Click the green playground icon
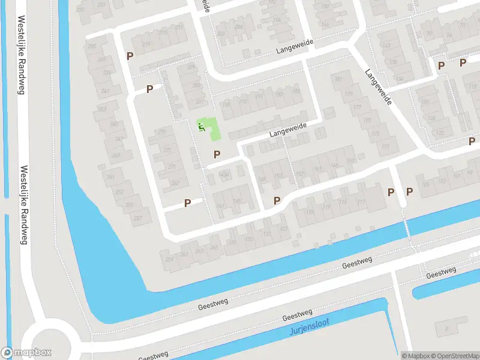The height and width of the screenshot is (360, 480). [x=202, y=126]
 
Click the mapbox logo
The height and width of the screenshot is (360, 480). [x=26, y=353]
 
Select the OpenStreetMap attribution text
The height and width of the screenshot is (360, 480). [x=454, y=356]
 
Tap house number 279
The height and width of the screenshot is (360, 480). [x=161, y=131]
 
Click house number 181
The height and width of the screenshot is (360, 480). [x=339, y=80]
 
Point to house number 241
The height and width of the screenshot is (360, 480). [x=106, y=91]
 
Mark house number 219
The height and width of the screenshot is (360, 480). [x=146, y=44]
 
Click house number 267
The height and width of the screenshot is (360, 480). [x=175, y=184]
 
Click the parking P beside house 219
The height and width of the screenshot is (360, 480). [x=130, y=56]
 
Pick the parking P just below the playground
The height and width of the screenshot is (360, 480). [x=217, y=154]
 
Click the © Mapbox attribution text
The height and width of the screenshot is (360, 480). [x=416, y=356]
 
